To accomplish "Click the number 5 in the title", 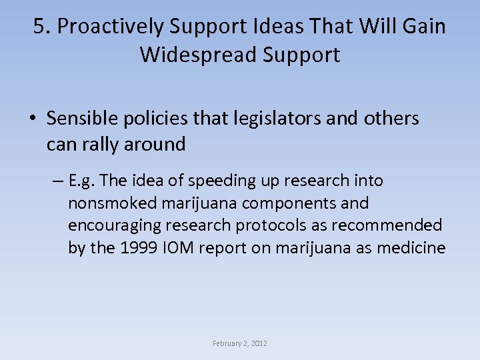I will point(39,27).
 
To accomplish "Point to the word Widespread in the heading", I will point(196,55).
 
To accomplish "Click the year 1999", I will point(136,248).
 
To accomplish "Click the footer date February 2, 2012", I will point(240,343).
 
